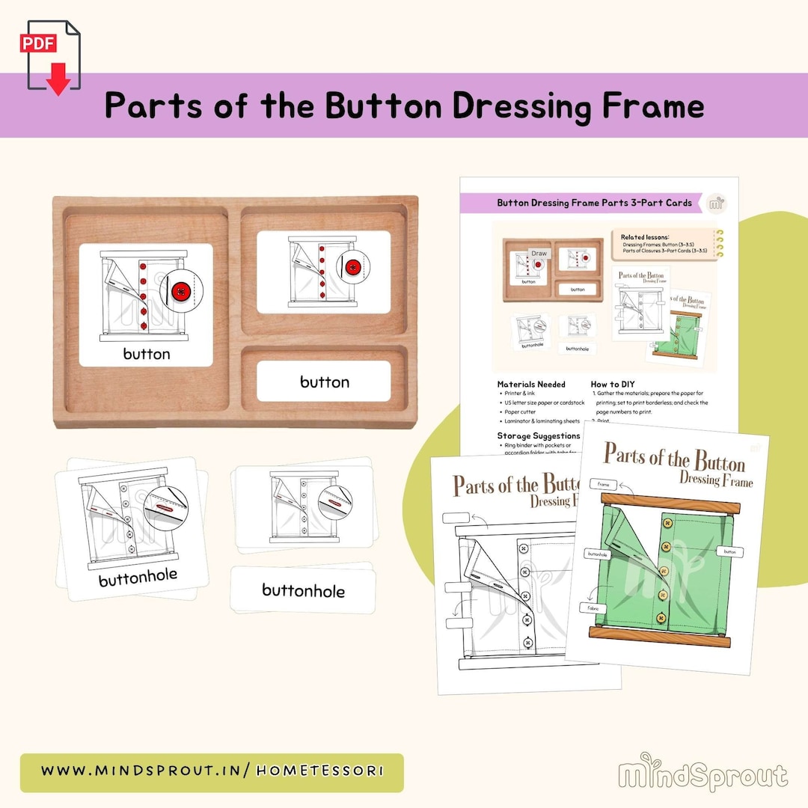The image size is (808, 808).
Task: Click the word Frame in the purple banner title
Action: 652,106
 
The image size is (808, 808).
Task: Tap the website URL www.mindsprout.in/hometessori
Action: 212,771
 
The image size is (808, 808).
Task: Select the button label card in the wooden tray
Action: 324,382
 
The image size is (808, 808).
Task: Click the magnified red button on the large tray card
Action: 179,292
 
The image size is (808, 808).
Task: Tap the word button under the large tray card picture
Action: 146,354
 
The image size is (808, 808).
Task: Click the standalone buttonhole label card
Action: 303,590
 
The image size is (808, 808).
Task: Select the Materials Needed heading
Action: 531,384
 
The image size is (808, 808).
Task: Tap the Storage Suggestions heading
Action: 539,435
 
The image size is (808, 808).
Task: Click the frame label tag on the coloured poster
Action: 603,485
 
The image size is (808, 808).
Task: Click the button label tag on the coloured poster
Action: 730,551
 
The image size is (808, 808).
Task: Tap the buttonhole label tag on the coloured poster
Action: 597,554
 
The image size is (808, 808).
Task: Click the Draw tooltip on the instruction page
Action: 539,254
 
